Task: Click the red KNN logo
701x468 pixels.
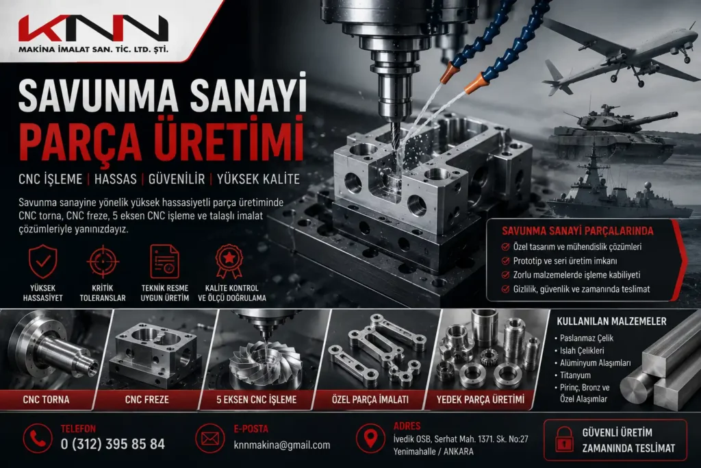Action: coord(93,29)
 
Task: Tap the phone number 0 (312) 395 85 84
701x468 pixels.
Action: coord(113,444)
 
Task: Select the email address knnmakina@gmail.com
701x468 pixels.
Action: coord(282,445)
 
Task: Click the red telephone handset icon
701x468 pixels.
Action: coord(38,439)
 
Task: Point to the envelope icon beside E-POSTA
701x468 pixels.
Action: coord(209,439)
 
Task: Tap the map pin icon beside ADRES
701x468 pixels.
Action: coord(370,439)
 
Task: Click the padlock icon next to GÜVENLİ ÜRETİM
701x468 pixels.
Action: coord(564,439)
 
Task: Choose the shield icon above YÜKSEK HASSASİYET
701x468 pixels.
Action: coord(43,262)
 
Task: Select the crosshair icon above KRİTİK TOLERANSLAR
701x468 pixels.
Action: coord(103,262)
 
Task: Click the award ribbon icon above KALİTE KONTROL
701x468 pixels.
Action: coord(229,261)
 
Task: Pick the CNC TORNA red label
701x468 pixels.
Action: coord(46,399)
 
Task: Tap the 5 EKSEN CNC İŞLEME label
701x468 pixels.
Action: coord(257,399)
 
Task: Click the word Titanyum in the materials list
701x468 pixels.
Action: coord(575,375)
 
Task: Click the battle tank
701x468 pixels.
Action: coord(613,134)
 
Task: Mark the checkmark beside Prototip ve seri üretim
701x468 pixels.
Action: coord(506,261)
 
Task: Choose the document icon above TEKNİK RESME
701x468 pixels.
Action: coord(164,262)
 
